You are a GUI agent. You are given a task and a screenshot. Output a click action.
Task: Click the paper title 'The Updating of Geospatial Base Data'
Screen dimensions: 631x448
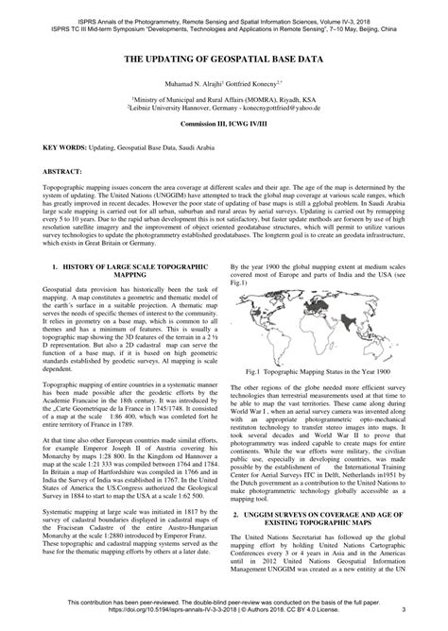pos(223,59)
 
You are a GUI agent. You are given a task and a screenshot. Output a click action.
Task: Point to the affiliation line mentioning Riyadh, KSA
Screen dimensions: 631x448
pos(224,99)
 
